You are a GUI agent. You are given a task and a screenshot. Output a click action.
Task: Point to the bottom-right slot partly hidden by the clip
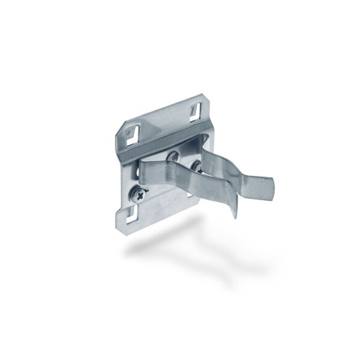click(189, 188)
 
